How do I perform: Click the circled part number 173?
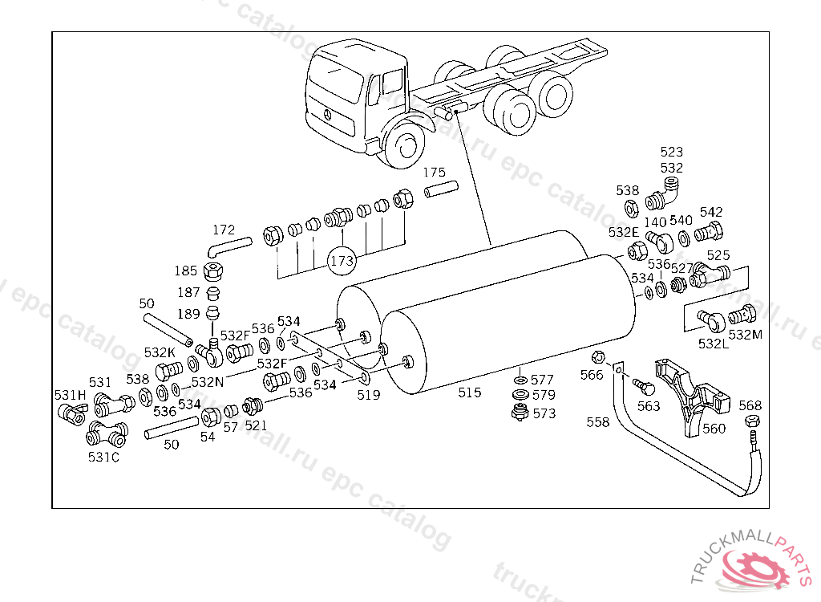(342, 260)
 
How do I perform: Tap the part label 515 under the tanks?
(470, 393)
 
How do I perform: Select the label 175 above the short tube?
(434, 173)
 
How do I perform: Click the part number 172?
(224, 230)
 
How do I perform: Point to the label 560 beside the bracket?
(714, 429)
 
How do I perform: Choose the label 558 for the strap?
(597, 422)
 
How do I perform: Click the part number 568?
(750, 406)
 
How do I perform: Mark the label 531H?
(70, 395)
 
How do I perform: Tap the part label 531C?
(103, 458)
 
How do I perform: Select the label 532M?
(746, 335)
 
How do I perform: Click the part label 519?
(369, 395)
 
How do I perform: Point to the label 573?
(544, 414)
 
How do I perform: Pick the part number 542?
(711, 212)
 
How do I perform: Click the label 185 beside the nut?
(186, 270)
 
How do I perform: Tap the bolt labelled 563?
(640, 387)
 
